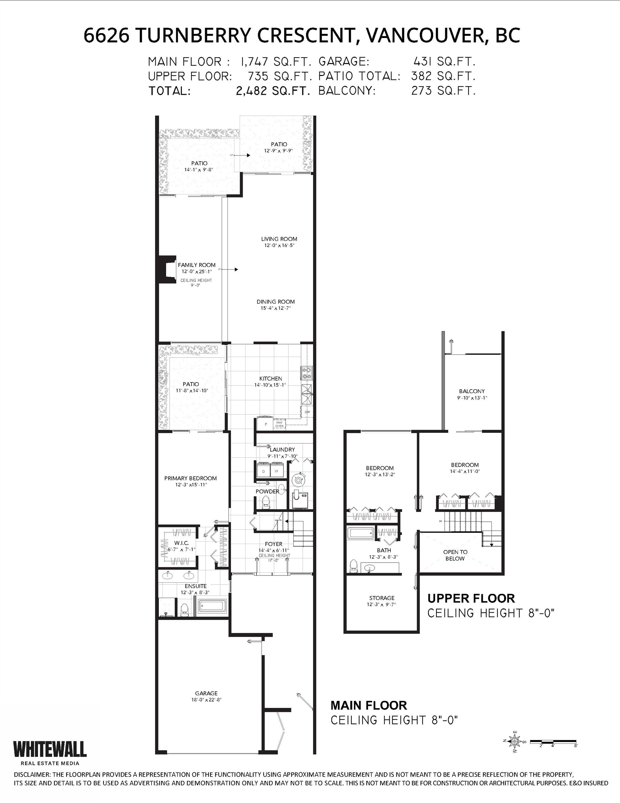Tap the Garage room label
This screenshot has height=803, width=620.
(x=206, y=693)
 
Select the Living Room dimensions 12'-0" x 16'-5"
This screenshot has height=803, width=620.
(x=279, y=245)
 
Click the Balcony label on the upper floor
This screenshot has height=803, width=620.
(x=472, y=391)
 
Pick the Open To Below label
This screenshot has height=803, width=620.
(x=455, y=555)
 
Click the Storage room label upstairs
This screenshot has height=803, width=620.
(x=381, y=598)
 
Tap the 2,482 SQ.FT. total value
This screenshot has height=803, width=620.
(x=273, y=91)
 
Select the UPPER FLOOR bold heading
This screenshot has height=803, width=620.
(x=471, y=598)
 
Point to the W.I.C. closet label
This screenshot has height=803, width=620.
(x=181, y=543)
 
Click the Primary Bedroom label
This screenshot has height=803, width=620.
(x=191, y=478)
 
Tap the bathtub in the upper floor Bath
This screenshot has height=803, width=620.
(x=360, y=533)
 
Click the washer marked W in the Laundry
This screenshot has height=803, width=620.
(x=276, y=470)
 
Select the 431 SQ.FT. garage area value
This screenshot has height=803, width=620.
(x=444, y=61)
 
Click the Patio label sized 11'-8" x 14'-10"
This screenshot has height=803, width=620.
(x=191, y=384)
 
